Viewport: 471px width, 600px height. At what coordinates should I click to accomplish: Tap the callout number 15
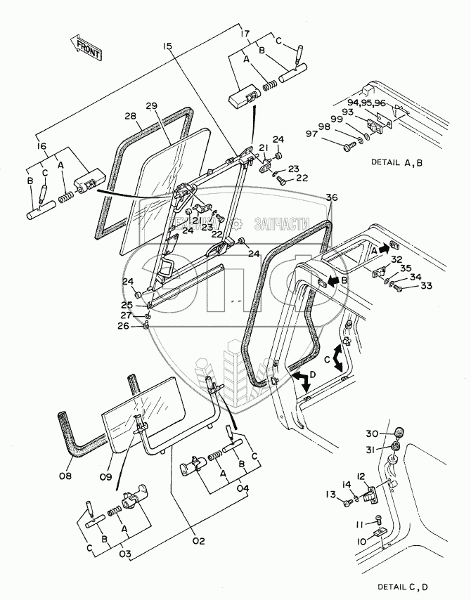click(x=167, y=47)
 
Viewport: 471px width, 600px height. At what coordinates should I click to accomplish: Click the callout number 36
click(x=331, y=199)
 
